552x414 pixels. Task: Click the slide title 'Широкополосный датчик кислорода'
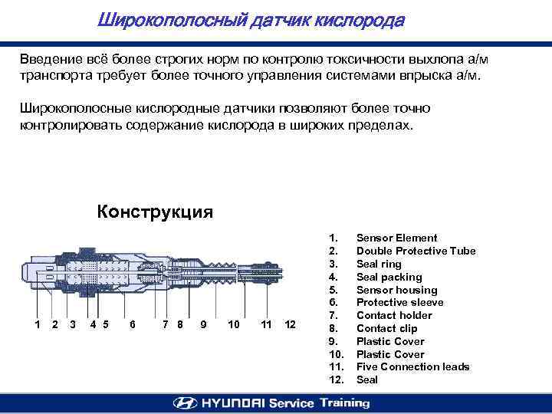pos(250,21)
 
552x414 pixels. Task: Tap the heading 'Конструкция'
pos(155,212)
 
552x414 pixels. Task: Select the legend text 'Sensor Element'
pos(396,238)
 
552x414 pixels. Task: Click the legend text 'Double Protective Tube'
pos(416,251)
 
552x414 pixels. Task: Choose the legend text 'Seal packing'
pos(389,277)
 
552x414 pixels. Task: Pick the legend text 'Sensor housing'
pos(396,290)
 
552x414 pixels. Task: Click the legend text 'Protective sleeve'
pos(399,303)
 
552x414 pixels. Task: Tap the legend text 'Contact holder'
pos(394,315)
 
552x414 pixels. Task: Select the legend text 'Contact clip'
pos(387,328)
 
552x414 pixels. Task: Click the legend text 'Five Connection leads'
pos(412,366)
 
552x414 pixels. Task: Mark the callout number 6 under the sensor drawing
pos(133,324)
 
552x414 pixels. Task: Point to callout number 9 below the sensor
pos(202,324)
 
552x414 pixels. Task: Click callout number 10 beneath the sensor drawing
pos(234,324)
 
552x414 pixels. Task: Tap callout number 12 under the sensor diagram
pos(289,324)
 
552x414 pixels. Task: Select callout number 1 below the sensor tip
pos(38,324)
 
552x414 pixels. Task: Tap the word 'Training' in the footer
pos(344,402)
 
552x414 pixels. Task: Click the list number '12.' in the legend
pos(336,379)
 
